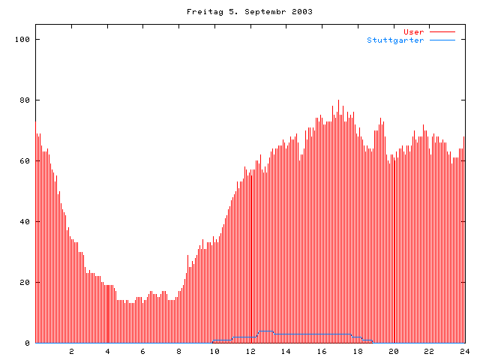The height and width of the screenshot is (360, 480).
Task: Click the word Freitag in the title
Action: pyautogui.click(x=201, y=12)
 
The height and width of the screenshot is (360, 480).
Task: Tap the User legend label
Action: pyautogui.click(x=414, y=31)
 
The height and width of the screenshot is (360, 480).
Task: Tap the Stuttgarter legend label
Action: pyautogui.click(x=395, y=40)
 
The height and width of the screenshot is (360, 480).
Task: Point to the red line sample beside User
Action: pyautogui.click(x=442, y=31)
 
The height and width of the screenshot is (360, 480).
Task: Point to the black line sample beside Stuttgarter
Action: pyautogui.click(x=442, y=40)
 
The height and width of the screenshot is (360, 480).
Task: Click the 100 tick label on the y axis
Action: pyautogui.click(x=22, y=39)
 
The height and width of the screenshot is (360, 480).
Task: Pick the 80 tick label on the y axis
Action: pyautogui.click(x=25, y=100)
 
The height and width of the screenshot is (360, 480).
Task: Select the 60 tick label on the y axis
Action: pyautogui.click(x=25, y=160)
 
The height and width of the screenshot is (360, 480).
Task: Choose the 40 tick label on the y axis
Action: pyautogui.click(x=25, y=221)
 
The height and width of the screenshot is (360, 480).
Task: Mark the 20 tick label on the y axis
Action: pyautogui.click(x=25, y=282)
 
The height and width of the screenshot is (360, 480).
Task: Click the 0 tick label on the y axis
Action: pyautogui.click(x=28, y=343)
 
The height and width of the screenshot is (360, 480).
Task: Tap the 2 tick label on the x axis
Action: pyautogui.click(x=72, y=351)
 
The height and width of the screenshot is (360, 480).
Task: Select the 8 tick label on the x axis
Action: pyautogui.click(x=179, y=351)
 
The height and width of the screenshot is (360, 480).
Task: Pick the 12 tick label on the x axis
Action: pyautogui.click(x=250, y=351)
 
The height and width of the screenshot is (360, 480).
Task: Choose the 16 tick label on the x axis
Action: pyautogui.click(x=322, y=351)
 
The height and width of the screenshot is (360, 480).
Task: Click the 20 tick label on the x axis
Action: pyautogui.click(x=393, y=351)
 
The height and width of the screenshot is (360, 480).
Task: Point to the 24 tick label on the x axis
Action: pyautogui.click(x=464, y=351)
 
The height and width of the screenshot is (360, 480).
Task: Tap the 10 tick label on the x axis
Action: pyautogui.click(x=214, y=351)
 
